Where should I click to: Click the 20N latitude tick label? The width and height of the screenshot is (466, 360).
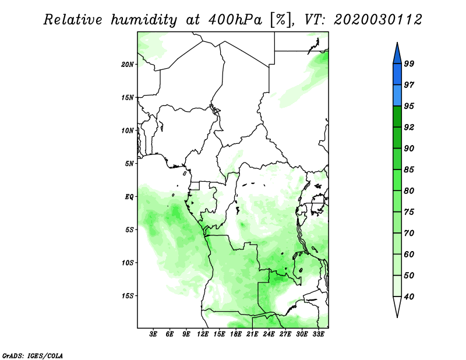(127, 65)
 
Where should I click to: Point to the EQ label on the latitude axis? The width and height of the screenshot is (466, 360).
(129, 197)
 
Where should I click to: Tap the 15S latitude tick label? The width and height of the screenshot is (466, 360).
(127, 296)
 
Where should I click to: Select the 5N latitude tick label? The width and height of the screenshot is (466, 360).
(129, 164)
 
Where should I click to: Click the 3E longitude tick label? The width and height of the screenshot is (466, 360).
(153, 334)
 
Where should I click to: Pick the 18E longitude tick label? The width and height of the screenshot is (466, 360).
(236, 334)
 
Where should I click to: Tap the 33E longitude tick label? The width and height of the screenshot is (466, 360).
(318, 334)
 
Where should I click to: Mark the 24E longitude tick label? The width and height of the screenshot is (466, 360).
(269, 334)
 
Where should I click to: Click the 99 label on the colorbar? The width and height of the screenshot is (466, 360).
(409, 63)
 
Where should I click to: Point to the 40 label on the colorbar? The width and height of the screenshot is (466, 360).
(409, 297)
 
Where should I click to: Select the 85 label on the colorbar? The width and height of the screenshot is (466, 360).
(409, 170)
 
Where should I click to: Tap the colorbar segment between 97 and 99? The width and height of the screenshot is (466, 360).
(397, 75)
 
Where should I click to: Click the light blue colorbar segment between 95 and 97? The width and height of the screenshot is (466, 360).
(397, 96)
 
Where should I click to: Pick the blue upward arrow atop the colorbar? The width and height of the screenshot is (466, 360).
(397, 54)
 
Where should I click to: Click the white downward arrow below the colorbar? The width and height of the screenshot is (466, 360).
(397, 307)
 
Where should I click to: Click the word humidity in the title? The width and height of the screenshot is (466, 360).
(144, 20)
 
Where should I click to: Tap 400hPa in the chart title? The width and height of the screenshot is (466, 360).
(235, 20)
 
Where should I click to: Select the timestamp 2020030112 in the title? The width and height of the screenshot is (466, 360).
(377, 20)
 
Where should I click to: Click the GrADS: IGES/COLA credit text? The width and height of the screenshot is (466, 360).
(33, 355)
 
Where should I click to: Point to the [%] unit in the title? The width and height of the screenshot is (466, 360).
(281, 20)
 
